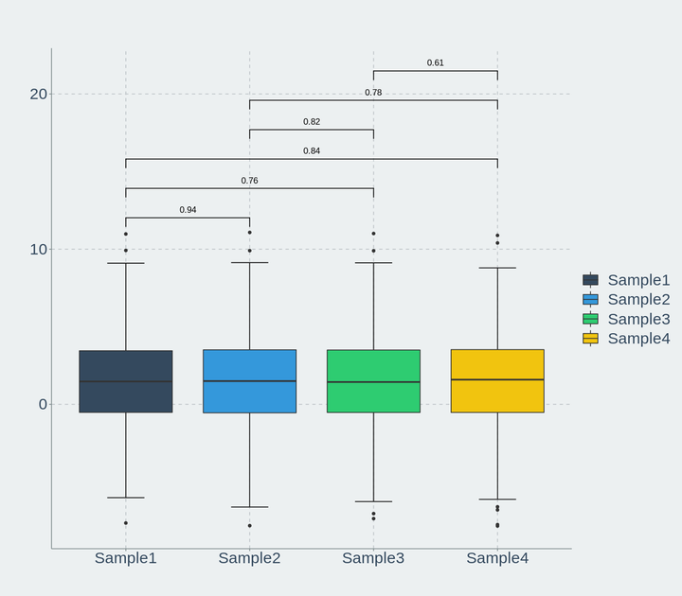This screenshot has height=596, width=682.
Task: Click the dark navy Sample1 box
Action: pos(126,381)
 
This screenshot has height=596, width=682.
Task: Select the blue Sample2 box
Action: pos(250,381)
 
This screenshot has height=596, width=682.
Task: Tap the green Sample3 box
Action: pos(373,381)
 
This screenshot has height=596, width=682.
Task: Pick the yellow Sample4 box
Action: pos(497,380)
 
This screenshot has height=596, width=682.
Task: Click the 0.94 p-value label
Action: pos(188,210)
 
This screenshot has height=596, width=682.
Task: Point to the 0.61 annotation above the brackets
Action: pos(436,63)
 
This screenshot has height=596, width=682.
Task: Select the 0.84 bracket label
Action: pos(312,151)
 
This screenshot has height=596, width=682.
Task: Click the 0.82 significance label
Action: pos(312,122)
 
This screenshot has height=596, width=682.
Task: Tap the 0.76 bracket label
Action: pos(250,181)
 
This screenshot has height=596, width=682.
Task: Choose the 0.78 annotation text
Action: pos(373,93)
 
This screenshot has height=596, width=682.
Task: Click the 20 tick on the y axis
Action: pos(38,94)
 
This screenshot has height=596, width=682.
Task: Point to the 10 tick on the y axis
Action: pos(38,250)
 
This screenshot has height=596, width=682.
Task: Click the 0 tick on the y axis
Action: pos(43,405)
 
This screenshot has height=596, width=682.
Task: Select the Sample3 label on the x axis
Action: pos(373,558)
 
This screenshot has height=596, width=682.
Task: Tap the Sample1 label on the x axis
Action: pos(126,558)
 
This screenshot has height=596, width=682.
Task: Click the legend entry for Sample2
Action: pos(626,299)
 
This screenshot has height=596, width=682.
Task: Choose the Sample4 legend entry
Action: pos(626,339)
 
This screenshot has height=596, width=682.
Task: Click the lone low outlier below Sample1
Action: pos(126,523)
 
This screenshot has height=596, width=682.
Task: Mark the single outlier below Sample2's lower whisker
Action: pos(250,526)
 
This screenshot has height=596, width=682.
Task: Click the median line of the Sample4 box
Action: pos(497,379)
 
